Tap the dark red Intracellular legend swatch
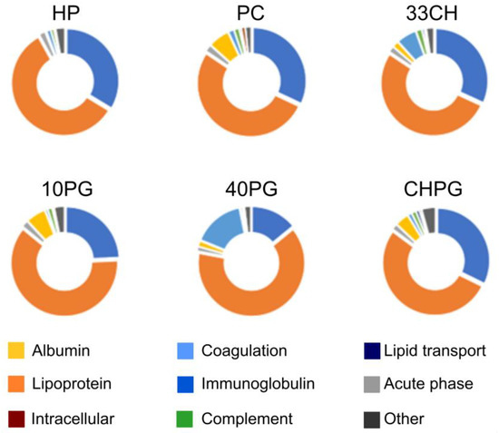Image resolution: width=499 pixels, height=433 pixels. click(x=15, y=418)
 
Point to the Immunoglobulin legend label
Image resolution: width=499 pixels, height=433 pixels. click(x=259, y=384)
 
